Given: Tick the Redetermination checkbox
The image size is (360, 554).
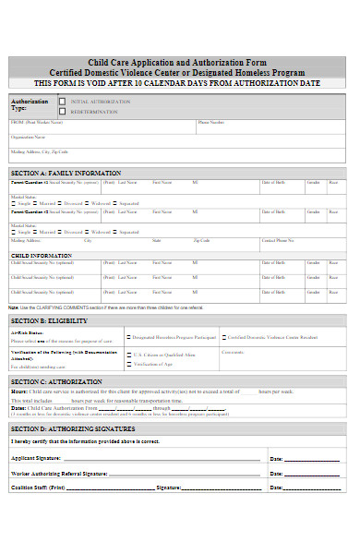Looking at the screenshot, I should click(62, 111).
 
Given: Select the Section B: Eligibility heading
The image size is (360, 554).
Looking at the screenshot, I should click(49, 319).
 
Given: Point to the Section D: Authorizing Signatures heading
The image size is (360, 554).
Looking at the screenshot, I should click(73, 428).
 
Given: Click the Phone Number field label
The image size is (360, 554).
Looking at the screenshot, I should click(210, 122).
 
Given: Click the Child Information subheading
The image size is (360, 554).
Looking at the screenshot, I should click(42, 255).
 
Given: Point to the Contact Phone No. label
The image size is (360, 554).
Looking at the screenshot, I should click(278, 240).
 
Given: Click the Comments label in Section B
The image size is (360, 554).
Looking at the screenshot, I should click(233, 352).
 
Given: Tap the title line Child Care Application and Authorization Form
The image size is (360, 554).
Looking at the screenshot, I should click(179, 62).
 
